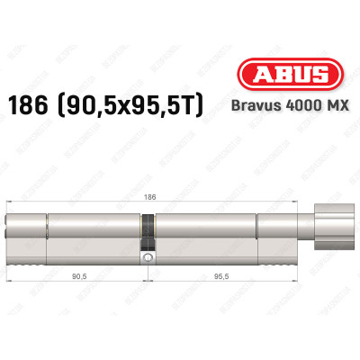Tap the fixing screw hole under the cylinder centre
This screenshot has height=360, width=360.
[145, 258]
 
